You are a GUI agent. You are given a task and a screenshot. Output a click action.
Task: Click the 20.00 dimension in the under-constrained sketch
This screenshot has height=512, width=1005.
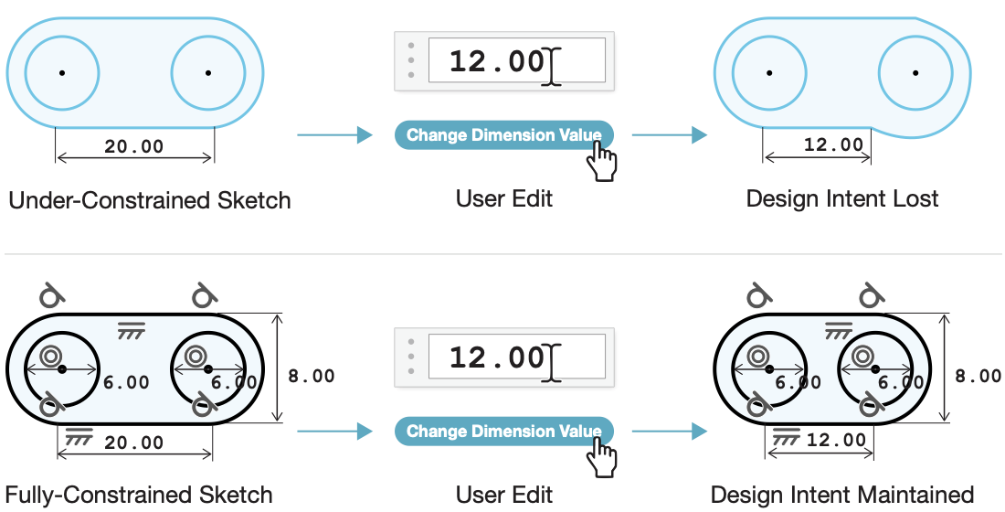pyautogui.click(x=134, y=146)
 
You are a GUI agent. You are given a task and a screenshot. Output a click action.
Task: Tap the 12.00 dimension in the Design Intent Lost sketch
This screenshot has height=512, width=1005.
pyautogui.click(x=833, y=144)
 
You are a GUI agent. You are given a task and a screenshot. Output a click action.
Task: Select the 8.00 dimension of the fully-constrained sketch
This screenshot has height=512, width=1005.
pyautogui.click(x=311, y=376)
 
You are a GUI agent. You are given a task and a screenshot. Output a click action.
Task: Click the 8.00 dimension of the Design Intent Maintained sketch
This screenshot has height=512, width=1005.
pyautogui.click(x=978, y=376)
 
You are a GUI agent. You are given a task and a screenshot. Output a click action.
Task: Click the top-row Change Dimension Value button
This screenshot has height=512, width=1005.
pyautogui.click(x=503, y=134)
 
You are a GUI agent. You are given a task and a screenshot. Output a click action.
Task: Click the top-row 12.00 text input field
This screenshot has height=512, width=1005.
pyautogui.click(x=516, y=60)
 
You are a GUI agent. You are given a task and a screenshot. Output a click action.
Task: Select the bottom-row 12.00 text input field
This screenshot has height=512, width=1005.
pyautogui.click(x=516, y=356)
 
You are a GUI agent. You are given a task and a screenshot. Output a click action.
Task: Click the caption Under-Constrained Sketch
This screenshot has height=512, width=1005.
pyautogui.click(x=149, y=200)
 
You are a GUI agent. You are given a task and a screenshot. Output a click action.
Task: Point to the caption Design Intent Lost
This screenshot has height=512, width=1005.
pyautogui.click(x=842, y=198)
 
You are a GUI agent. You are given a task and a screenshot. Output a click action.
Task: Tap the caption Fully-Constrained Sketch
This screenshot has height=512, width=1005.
pyautogui.click(x=139, y=495)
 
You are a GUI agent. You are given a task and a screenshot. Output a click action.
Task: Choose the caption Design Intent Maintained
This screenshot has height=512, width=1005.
pyautogui.click(x=842, y=495)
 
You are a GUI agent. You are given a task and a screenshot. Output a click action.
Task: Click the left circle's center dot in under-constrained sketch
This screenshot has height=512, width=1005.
pyautogui.click(x=62, y=73)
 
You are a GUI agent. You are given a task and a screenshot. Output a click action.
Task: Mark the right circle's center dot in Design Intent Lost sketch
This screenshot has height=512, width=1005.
pyautogui.click(x=915, y=73)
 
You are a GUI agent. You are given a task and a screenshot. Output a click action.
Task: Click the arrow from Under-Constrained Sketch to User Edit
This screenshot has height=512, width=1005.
pyautogui.click(x=334, y=134)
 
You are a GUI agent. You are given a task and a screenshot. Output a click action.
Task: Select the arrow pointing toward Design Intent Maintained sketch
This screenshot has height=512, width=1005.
pyautogui.click(x=669, y=432)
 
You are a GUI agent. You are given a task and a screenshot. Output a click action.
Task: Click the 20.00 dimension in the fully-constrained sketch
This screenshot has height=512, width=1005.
pyautogui.click(x=134, y=443)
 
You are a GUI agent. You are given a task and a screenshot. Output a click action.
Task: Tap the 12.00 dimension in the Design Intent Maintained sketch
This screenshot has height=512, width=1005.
pyautogui.click(x=836, y=440)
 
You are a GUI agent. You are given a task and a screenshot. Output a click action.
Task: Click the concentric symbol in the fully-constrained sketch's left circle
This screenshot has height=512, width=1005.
pyautogui.click(x=49, y=356)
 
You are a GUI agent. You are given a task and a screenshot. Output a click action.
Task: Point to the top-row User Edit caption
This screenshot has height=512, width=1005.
pyautogui.click(x=503, y=198)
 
